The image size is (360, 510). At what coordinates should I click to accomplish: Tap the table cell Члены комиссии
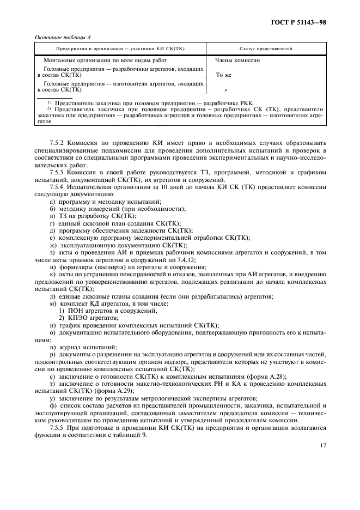tap(237, 60)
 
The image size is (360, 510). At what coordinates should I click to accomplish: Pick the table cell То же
tap(224, 76)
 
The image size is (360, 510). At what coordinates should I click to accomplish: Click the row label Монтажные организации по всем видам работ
tap(105, 60)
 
